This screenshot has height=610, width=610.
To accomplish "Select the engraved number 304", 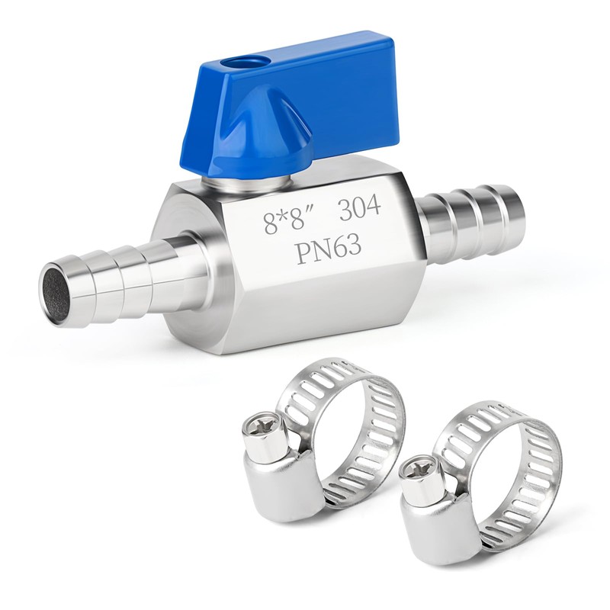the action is pyautogui.click(x=360, y=208).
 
